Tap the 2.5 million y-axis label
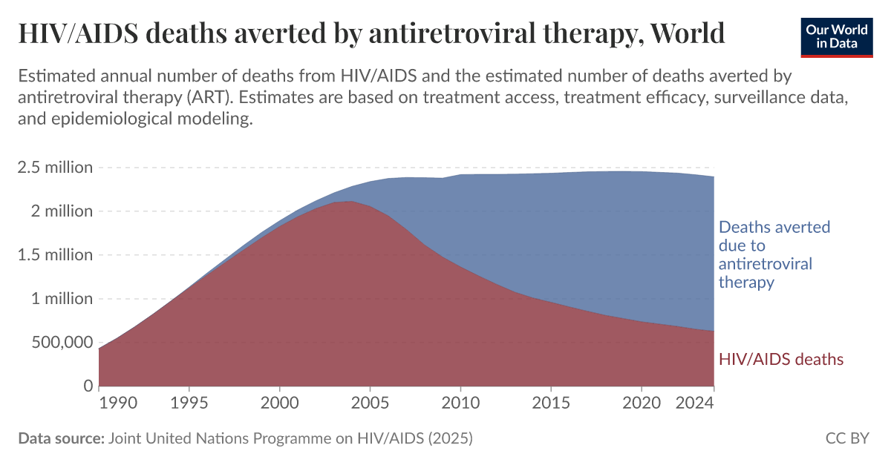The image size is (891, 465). click(56, 168)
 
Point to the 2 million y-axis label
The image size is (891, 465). click(63, 211)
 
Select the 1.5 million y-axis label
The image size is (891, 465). click(56, 255)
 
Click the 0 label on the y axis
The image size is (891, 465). click(87, 386)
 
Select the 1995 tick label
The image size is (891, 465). click(189, 403)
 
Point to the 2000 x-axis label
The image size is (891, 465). click(279, 403)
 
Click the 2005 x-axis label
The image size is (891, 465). click(370, 403)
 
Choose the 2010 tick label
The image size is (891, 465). click(460, 403)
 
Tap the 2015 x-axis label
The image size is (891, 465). click(550, 403)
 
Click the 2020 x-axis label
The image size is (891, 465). click(641, 403)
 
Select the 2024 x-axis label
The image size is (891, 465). click(696, 403)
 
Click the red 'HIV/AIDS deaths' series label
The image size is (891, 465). click(781, 360)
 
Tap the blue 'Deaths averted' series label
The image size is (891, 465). click(774, 254)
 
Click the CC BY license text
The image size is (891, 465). click(847, 438)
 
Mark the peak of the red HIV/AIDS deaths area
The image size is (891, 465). click(350, 202)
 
